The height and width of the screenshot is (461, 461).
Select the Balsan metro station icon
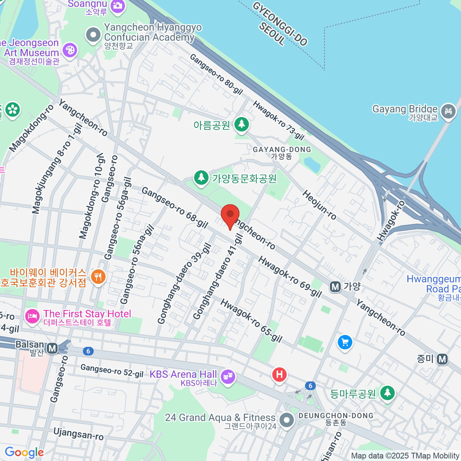52,348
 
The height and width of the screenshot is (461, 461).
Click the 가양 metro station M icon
335,287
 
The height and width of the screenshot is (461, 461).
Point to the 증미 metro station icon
443,359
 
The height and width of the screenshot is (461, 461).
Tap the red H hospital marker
279,375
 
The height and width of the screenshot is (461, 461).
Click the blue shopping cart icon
345,342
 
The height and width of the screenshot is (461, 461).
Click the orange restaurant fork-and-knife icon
98,276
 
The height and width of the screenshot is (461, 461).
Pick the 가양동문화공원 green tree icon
201,178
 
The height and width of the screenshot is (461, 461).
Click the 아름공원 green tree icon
241,124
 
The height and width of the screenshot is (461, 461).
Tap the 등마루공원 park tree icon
387,393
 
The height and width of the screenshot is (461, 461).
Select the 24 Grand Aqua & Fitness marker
286,420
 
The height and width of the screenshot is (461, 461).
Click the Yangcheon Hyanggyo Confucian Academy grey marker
93,35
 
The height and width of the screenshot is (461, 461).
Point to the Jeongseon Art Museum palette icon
70,50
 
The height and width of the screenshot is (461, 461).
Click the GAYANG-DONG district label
282,150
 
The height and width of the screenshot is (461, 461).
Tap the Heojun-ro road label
319,205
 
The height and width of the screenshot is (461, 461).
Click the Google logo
24,453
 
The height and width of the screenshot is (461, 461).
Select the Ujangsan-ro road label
78,434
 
